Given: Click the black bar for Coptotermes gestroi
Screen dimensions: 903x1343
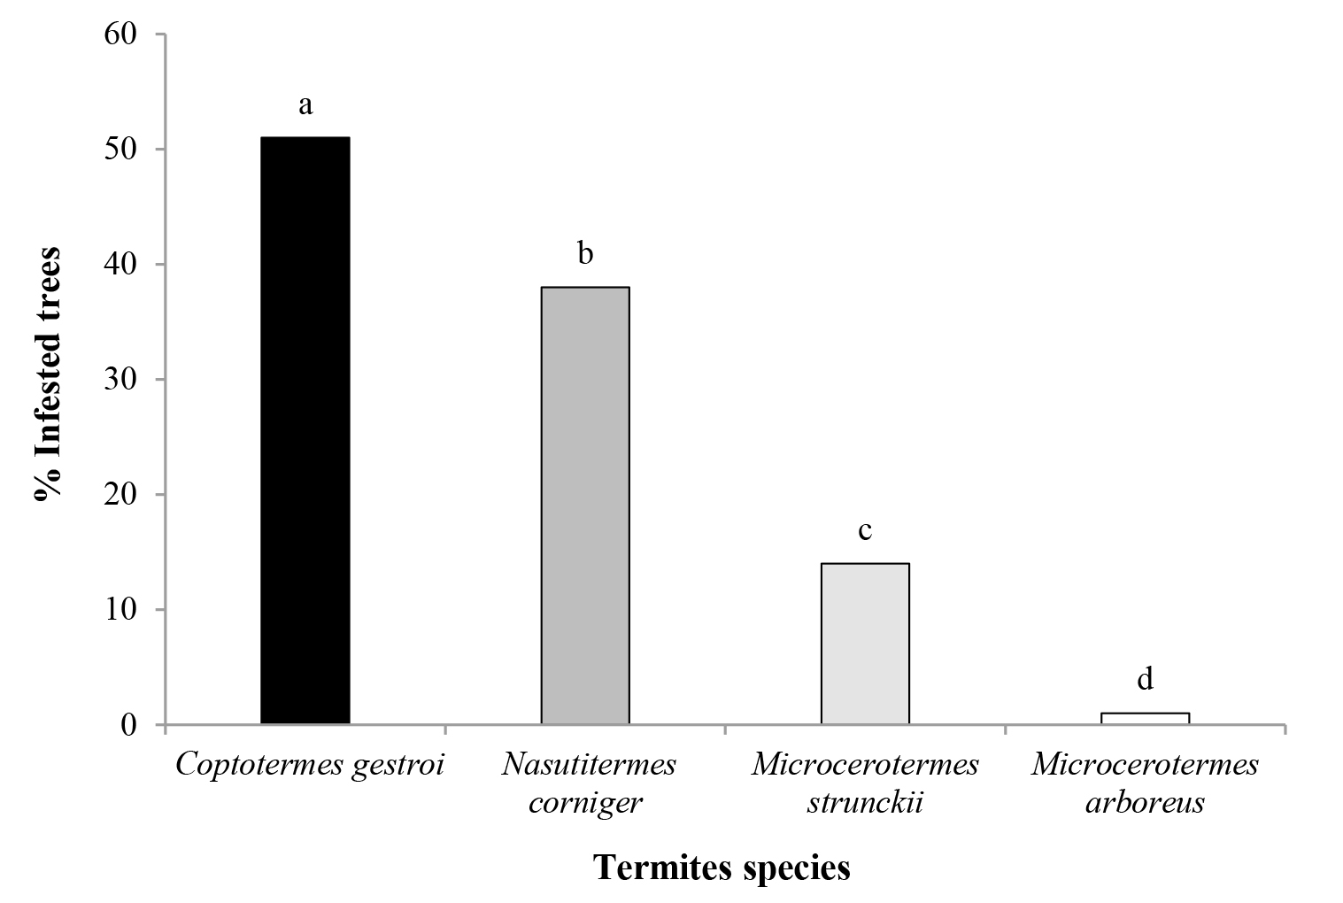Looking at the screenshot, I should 305,430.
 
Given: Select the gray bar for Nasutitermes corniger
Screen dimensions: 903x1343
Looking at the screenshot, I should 584,506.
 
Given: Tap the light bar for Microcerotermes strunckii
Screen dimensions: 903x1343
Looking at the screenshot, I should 865,644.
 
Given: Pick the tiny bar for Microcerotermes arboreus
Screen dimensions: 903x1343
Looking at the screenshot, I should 1145,718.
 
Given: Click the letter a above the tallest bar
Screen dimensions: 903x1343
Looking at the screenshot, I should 305,105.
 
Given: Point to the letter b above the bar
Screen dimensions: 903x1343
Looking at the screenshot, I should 585,254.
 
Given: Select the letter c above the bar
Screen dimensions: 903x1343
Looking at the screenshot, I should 865,530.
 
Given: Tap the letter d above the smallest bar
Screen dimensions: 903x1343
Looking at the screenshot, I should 1145,679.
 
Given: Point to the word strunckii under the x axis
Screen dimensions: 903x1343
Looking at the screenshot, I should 865,803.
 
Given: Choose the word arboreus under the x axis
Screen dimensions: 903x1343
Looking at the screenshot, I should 1145,803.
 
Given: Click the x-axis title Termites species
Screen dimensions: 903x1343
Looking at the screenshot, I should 722,868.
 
